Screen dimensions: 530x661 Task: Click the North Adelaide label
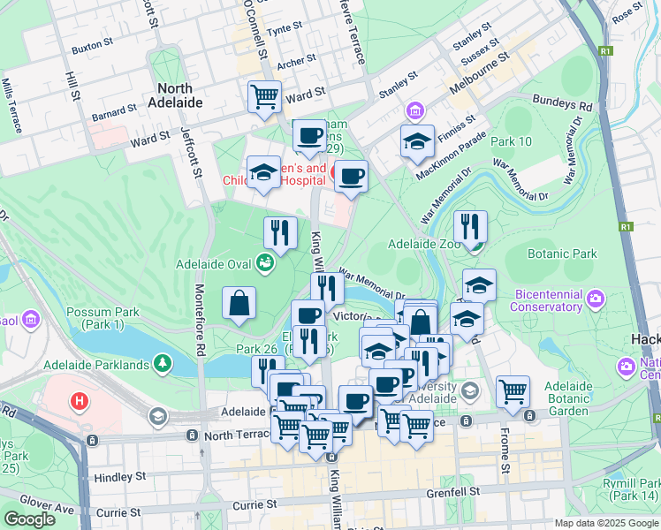(x=180, y=95)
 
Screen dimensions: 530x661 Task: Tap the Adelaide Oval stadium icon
(x=264, y=261)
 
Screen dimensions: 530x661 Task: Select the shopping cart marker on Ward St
(x=265, y=96)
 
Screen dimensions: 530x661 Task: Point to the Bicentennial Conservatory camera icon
(x=596, y=299)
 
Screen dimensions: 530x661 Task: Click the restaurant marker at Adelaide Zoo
(x=470, y=227)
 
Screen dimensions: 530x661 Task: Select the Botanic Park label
(x=562, y=254)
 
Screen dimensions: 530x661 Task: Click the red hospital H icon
(x=80, y=402)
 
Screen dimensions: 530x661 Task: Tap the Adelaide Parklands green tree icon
(x=162, y=363)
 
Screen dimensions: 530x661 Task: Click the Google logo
(x=29, y=519)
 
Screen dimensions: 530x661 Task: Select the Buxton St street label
(x=93, y=42)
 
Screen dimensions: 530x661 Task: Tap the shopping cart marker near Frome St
(x=513, y=391)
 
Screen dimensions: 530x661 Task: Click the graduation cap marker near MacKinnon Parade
(x=417, y=140)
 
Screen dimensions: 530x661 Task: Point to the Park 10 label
(x=512, y=141)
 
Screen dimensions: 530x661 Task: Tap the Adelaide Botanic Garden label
(x=567, y=399)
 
